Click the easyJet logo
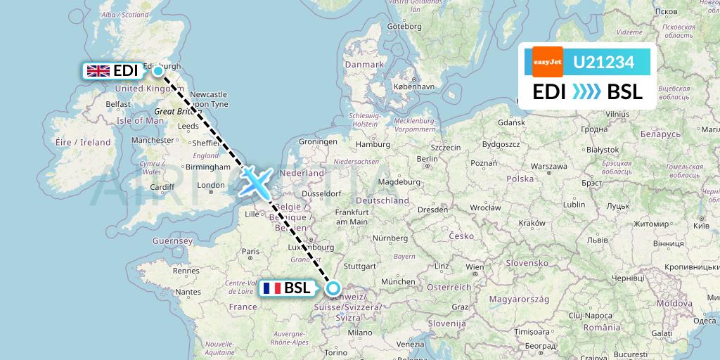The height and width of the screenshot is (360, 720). click(x=548, y=61)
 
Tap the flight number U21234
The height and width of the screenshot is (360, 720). click(x=604, y=63)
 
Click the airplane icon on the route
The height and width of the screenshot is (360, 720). click(x=256, y=181)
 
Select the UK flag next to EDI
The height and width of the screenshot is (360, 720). click(x=98, y=71)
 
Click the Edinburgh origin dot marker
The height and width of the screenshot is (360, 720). click(x=159, y=70)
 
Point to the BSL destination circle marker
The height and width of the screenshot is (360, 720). click(x=333, y=288)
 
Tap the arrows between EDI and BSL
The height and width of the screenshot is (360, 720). click(x=586, y=91)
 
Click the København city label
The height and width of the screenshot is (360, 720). click(x=414, y=86)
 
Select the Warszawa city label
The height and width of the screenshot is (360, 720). click(x=548, y=167)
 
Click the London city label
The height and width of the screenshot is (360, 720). click(x=212, y=186)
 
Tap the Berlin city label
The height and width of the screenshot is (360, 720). click(x=428, y=159)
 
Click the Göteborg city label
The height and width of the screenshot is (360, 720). click(x=404, y=27)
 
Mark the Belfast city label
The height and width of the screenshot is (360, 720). click(x=118, y=104)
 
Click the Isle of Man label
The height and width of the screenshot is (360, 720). click(x=141, y=120)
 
